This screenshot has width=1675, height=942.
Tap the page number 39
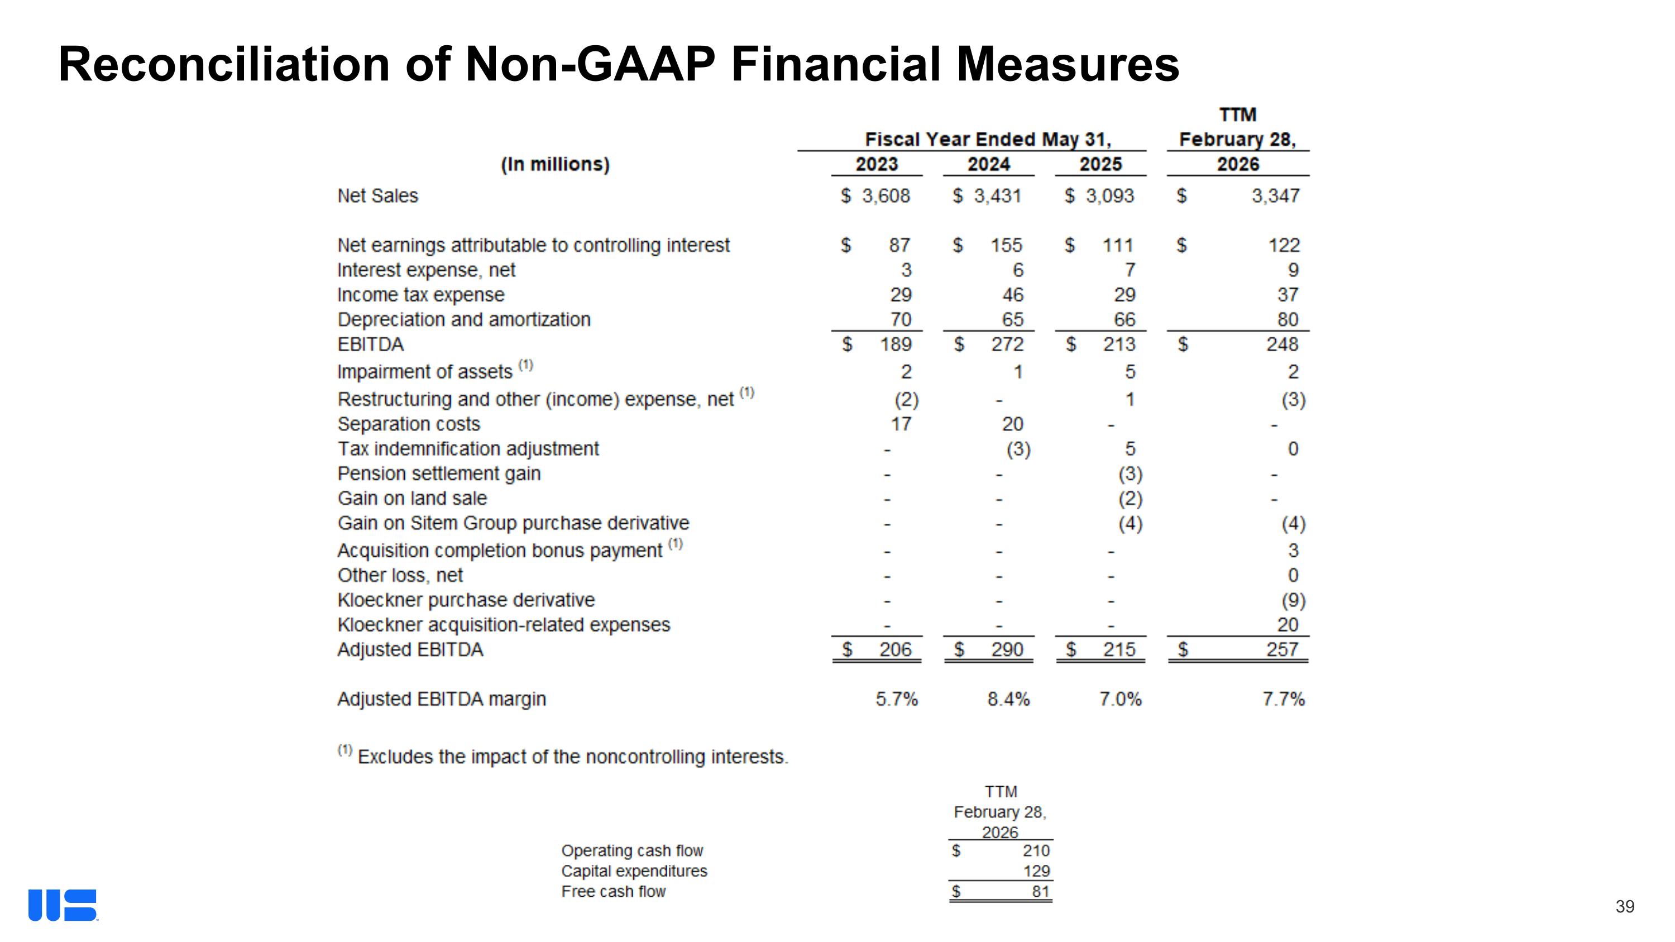[x=1624, y=906]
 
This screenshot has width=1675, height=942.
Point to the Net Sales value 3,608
[x=886, y=195]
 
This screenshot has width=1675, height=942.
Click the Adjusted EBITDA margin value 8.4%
[x=1008, y=699]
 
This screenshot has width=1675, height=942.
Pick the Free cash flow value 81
[x=1040, y=891]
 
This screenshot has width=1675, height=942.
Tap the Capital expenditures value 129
[x=1036, y=871]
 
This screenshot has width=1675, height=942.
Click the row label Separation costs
[x=408, y=424]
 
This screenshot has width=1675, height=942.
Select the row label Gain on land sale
[x=412, y=498]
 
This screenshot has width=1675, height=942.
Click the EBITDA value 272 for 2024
[x=1007, y=344]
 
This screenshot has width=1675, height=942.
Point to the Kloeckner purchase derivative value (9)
[x=1293, y=600]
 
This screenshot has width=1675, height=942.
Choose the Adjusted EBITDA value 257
[x=1281, y=649]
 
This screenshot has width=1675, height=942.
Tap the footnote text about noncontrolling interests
[x=572, y=757]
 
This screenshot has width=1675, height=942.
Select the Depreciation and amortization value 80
[x=1288, y=319]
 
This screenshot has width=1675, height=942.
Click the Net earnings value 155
[x=1006, y=245]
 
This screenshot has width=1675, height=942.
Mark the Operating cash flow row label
[x=632, y=850]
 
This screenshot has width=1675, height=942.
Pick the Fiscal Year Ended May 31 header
[x=988, y=139]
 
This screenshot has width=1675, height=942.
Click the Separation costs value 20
[x=1012, y=424]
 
